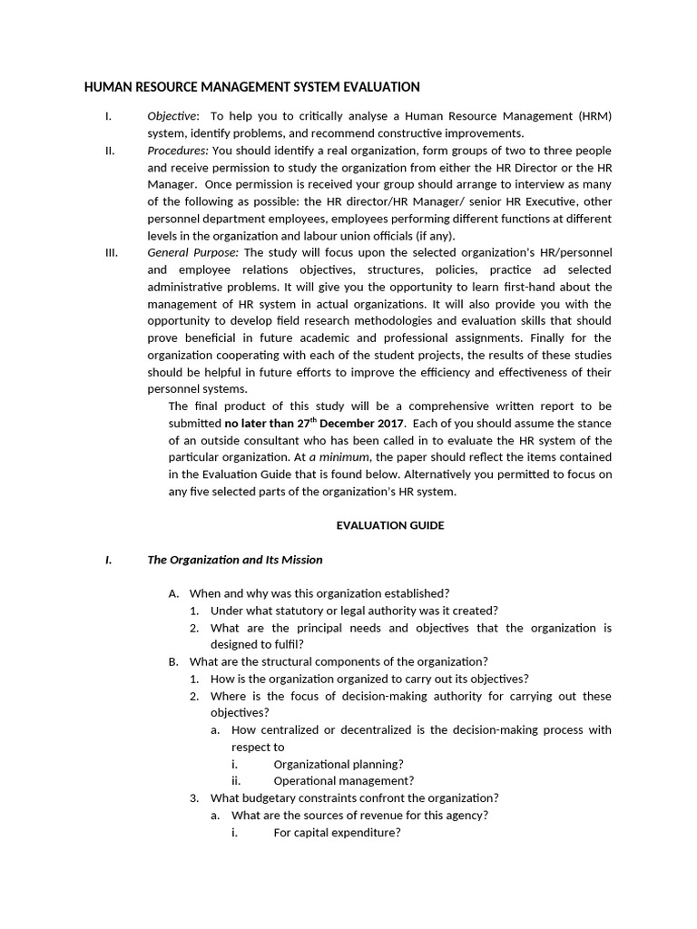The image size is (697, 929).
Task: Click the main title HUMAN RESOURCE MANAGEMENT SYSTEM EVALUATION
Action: coord(251,87)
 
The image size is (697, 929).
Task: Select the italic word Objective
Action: coord(172,116)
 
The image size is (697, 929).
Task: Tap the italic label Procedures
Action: coord(178,151)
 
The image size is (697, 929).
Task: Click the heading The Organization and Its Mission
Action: coord(234,560)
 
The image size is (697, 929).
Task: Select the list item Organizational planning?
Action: coord(339,764)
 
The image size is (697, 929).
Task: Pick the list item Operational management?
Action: coord(343,781)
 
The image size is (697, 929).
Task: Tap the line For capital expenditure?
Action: coord(337,833)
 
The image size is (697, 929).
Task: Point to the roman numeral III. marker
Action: coord(113,253)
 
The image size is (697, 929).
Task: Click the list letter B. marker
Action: coord(173,661)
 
